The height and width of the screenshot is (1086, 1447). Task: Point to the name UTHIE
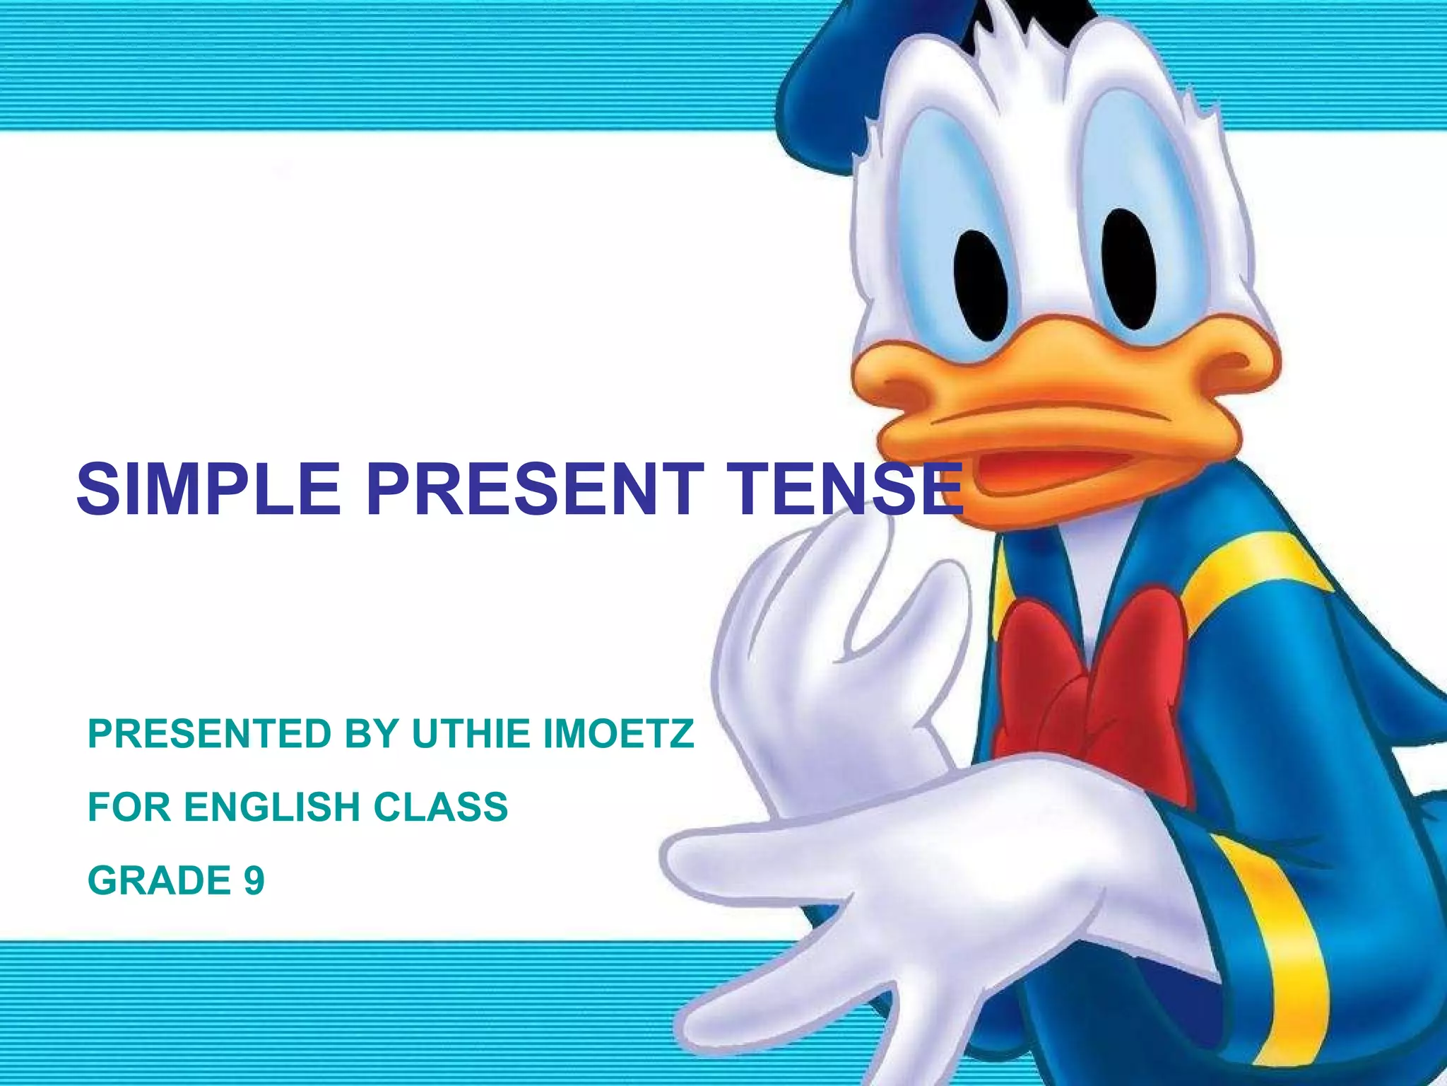[471, 733]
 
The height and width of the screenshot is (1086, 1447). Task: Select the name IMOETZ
[618, 733]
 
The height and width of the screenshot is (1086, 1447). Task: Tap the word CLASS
[440, 807]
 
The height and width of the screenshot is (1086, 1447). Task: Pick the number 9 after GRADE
[254, 881]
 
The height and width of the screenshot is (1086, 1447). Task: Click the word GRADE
[160, 881]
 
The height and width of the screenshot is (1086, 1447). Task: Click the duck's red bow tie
[1092, 679]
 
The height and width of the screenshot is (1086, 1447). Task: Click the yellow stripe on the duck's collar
[1244, 573]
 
